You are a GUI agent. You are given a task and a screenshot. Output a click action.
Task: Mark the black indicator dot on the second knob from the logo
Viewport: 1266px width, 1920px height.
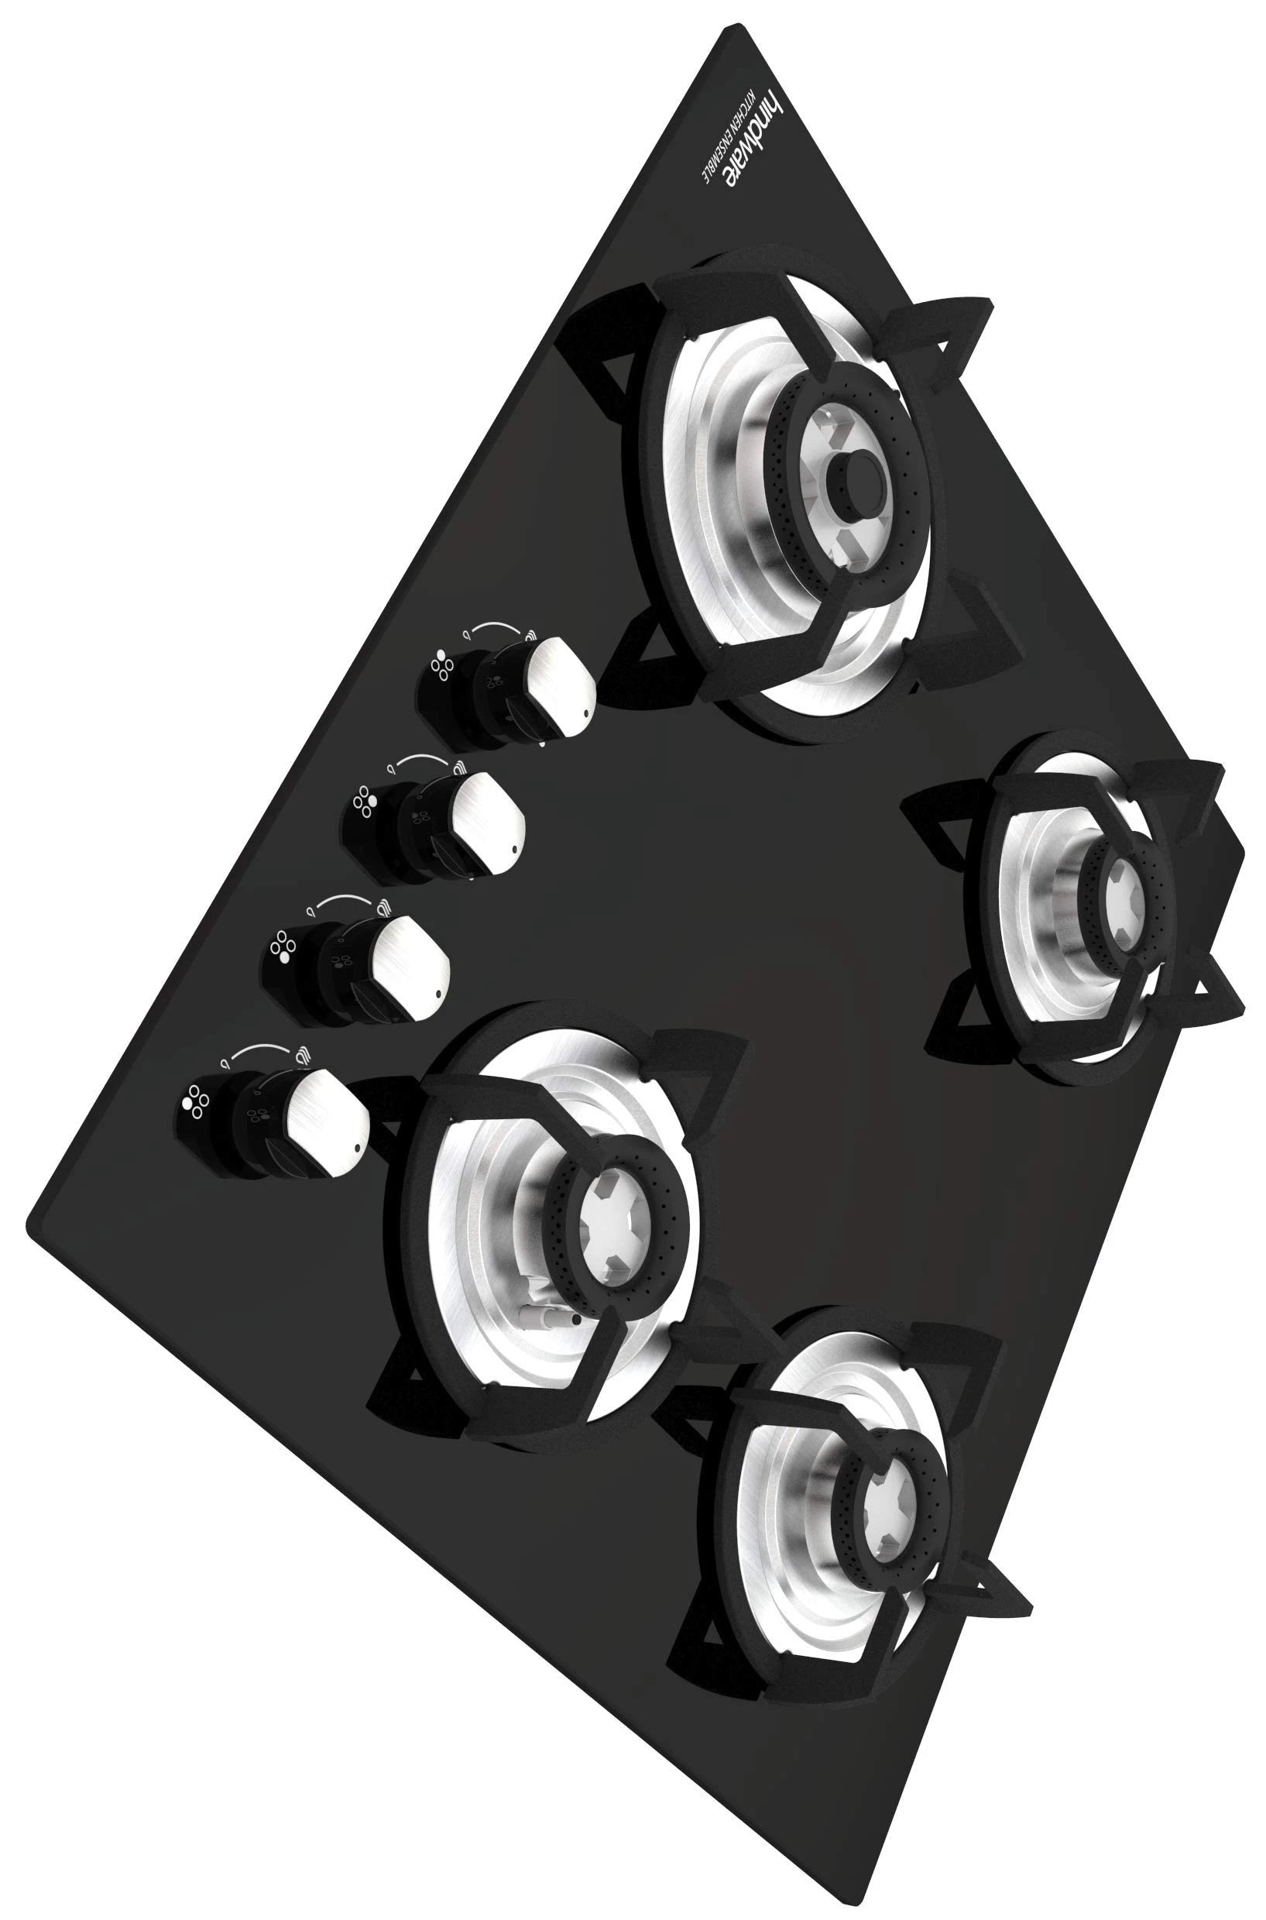(513, 850)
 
